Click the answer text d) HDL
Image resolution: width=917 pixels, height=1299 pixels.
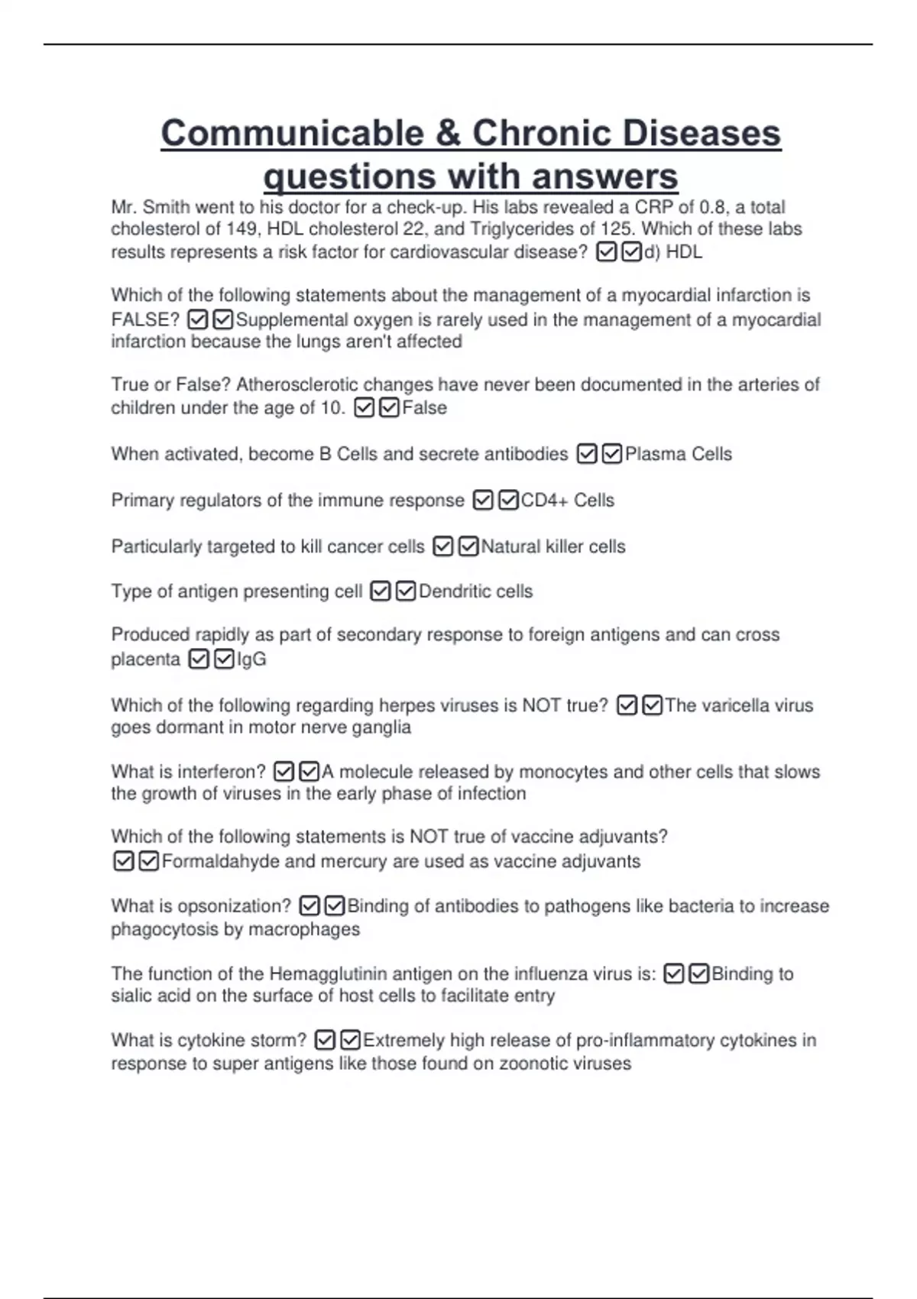673,252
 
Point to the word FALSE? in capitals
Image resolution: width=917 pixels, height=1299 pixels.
145,319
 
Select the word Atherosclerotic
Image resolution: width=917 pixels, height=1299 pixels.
297,384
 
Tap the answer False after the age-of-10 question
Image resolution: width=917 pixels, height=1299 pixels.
425,408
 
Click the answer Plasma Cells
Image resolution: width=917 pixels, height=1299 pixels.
679,454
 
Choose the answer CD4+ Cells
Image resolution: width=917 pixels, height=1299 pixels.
568,500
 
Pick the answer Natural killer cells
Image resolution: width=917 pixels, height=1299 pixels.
553,547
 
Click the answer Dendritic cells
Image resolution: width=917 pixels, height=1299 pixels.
476,591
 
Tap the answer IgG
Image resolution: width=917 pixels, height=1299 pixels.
252,659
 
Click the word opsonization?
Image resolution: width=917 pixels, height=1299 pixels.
234,906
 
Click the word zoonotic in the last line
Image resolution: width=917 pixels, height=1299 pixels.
534,1064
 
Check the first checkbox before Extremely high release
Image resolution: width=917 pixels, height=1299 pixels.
325,1041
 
